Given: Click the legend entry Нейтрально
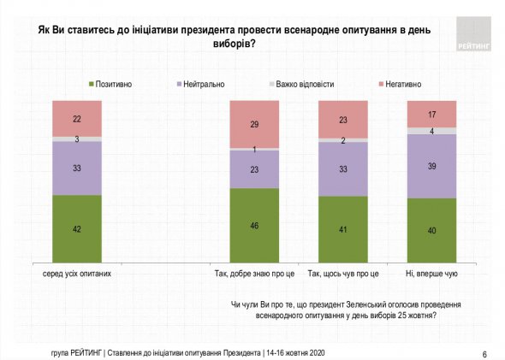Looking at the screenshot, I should [203, 84].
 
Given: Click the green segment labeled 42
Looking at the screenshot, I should [77, 229].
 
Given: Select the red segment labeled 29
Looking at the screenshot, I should [254, 124].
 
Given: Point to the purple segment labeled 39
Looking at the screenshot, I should [431, 167].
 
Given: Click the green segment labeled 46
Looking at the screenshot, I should [254, 226].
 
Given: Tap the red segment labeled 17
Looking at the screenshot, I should [431, 114].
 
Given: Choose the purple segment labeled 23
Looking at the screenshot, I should [254, 169].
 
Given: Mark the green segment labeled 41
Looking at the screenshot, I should [342, 230].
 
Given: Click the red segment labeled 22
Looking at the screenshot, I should [77, 118].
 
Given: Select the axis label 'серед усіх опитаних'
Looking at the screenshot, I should [77, 274].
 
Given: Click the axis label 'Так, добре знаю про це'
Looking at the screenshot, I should [254, 274].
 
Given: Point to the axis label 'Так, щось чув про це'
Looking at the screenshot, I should [342, 274].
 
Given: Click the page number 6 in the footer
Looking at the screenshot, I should [484, 353].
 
